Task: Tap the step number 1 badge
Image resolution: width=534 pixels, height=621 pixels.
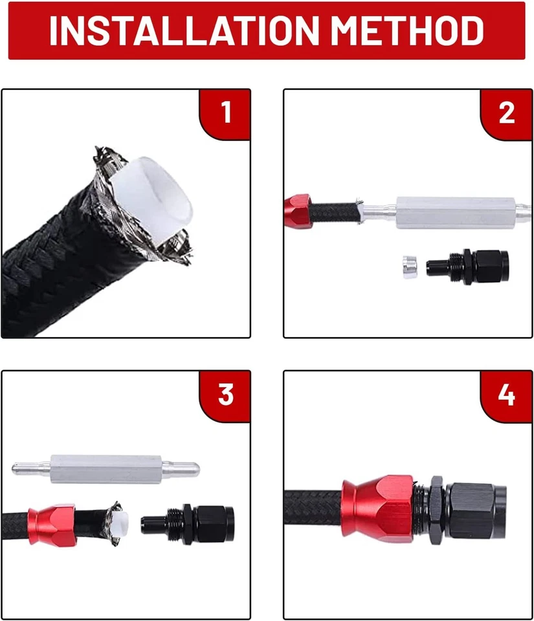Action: [225, 113]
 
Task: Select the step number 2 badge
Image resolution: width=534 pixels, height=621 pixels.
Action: [506, 113]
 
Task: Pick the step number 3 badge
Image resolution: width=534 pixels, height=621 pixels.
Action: [225, 395]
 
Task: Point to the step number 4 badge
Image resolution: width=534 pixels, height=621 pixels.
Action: [506, 395]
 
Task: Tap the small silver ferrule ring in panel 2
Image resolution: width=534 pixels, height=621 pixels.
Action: [408, 263]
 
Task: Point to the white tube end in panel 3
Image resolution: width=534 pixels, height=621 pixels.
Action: [127, 522]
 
